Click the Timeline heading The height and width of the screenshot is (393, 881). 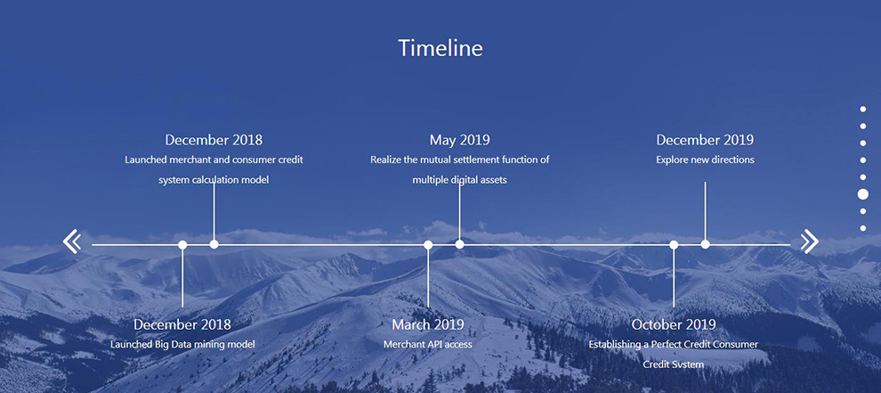pyautogui.click(x=440, y=48)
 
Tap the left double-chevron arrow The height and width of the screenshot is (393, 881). pyautogui.click(x=72, y=242)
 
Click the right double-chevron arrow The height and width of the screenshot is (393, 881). pyautogui.click(x=809, y=242)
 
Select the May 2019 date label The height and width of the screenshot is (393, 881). pyautogui.click(x=459, y=140)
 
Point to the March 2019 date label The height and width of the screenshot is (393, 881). pyautogui.click(x=428, y=324)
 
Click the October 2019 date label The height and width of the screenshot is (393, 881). pyautogui.click(x=674, y=324)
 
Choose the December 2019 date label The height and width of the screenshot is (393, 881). pyautogui.click(x=705, y=140)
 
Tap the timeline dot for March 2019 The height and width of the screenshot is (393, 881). pyautogui.click(x=428, y=245)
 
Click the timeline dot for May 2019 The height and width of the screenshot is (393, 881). pyautogui.click(x=459, y=244)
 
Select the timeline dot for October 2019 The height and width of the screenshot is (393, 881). pyautogui.click(x=674, y=245)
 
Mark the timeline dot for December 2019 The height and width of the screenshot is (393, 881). pyautogui.click(x=705, y=244)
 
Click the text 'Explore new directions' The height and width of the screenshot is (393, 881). pyautogui.click(x=705, y=160)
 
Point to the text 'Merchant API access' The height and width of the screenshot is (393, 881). pyautogui.click(x=428, y=344)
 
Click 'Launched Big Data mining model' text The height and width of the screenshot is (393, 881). pyautogui.click(x=182, y=344)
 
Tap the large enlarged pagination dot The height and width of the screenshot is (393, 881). pyautogui.click(x=863, y=194)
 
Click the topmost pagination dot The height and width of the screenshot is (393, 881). pyautogui.click(x=863, y=110)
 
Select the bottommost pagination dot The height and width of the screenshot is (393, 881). pyautogui.click(x=863, y=228)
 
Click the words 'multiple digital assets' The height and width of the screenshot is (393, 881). pyautogui.click(x=459, y=180)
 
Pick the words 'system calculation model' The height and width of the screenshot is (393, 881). pyautogui.click(x=214, y=180)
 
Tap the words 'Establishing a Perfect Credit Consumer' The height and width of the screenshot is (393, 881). pyautogui.click(x=674, y=344)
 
